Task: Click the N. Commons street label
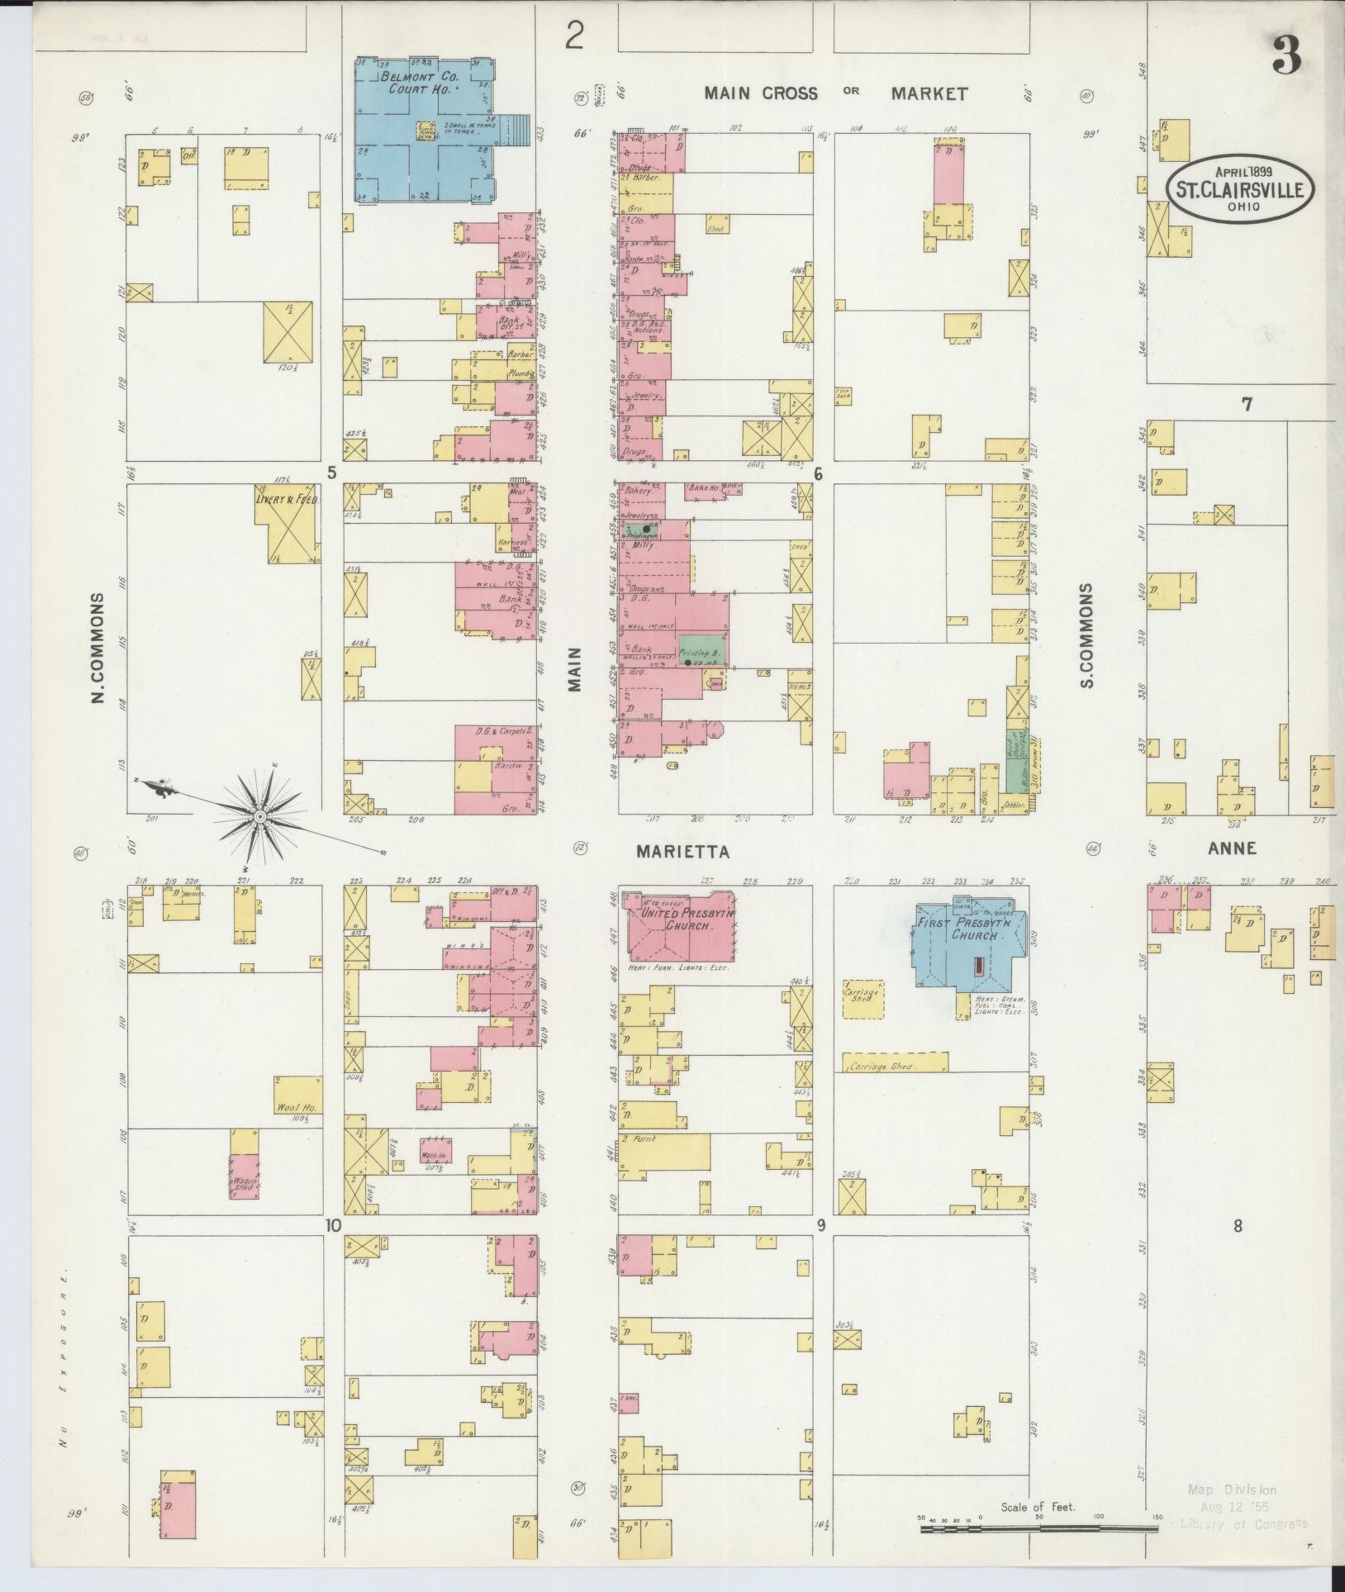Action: [x=98, y=648]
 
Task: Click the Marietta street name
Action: [x=683, y=852]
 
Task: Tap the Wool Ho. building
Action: [x=297, y=1095]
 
